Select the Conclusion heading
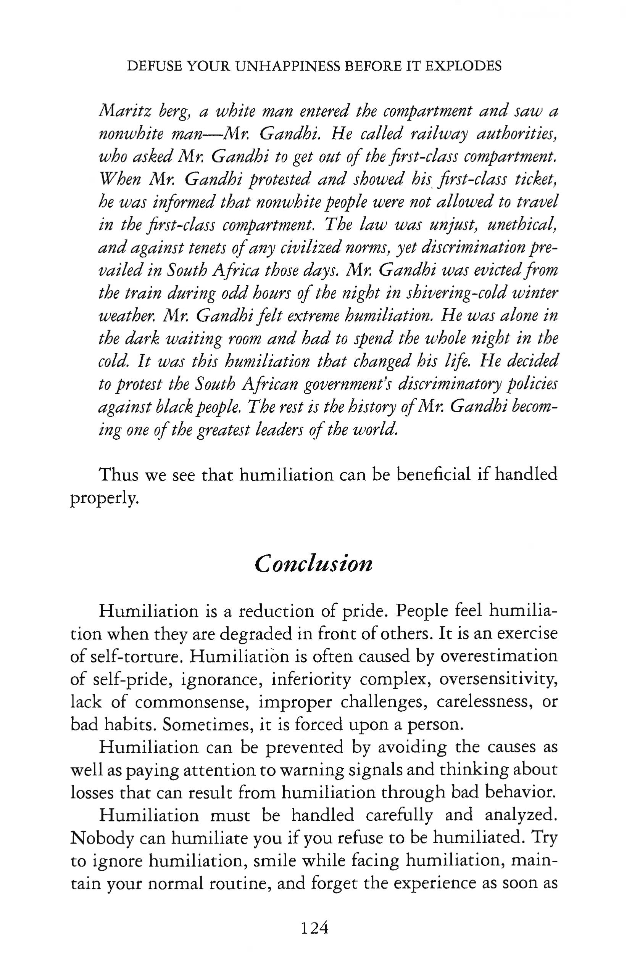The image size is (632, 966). click(x=313, y=564)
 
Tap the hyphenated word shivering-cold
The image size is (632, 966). click(x=453, y=293)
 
